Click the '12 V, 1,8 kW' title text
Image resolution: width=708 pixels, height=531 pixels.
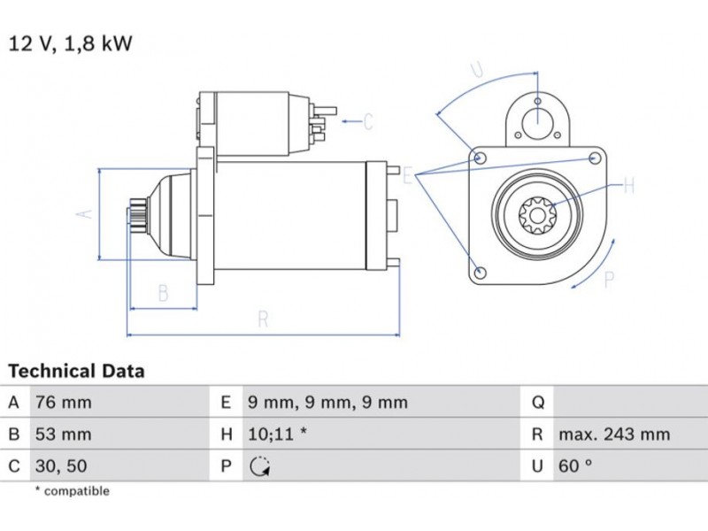point(70,43)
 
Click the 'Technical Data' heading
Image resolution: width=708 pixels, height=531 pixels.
point(76,371)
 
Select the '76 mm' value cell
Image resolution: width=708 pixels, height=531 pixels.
point(63,403)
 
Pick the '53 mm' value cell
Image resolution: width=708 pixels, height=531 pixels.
point(63,435)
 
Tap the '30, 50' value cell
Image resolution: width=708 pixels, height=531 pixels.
point(60,465)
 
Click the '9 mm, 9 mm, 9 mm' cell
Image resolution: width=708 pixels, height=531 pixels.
point(327,403)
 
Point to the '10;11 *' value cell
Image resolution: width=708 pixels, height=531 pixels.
point(278,435)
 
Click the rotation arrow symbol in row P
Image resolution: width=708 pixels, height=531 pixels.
point(259,466)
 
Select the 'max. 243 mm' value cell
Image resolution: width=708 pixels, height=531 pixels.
point(614,435)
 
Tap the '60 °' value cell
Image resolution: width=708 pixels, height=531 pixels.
point(575,466)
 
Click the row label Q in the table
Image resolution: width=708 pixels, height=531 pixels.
point(537,403)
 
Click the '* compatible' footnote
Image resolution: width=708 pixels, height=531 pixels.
point(72,490)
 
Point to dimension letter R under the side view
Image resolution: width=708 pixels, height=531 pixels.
point(263,320)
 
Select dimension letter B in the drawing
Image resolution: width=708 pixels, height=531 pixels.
point(163,293)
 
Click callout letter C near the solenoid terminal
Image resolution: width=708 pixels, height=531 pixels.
point(367,121)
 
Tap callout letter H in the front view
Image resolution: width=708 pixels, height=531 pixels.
point(629,186)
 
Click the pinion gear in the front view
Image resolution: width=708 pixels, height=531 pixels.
point(536,215)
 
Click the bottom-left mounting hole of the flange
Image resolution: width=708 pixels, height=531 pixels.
point(479,272)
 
